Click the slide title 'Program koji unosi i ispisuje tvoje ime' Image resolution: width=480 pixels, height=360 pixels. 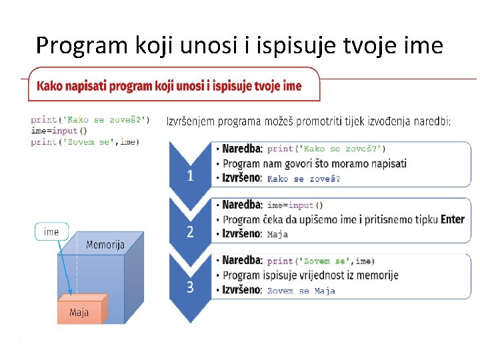[x=239, y=45]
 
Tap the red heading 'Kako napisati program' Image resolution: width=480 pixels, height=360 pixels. [x=169, y=86]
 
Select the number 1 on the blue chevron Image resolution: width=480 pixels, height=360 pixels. [x=191, y=176]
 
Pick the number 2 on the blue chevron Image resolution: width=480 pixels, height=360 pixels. [x=191, y=232]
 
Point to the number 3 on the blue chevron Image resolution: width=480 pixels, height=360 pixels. [x=191, y=287]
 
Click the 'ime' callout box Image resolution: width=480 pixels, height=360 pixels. [x=51, y=232]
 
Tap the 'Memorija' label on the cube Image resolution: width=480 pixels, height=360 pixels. [x=105, y=245]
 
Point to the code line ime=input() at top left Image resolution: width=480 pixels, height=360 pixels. [x=59, y=131]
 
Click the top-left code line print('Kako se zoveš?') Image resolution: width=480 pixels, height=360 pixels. [x=90, y=120]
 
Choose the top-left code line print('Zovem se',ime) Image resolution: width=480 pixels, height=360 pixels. [x=85, y=141]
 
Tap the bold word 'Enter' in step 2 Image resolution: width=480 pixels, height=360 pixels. [x=452, y=219]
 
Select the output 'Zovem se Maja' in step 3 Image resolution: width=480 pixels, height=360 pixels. [x=301, y=291]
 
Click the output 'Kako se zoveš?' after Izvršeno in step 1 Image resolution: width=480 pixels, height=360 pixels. [x=303, y=179]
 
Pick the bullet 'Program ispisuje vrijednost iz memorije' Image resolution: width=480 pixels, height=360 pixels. [x=310, y=275]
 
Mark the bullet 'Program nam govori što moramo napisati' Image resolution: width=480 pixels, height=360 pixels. [x=314, y=163]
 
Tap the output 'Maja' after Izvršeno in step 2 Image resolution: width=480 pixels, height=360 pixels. [x=278, y=235]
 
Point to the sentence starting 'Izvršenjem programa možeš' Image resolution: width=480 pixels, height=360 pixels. [x=308, y=121]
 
